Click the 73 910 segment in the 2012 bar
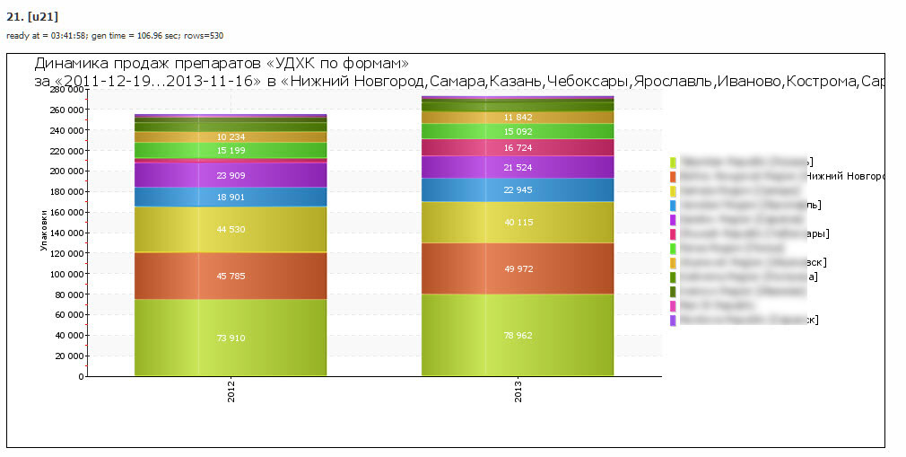point(231,338)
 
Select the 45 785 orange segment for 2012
point(231,276)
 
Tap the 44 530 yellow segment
point(231,229)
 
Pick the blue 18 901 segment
point(231,198)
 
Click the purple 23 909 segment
point(231,175)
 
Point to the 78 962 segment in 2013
point(518,335)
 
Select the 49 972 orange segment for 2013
point(518,268)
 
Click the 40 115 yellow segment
point(518,223)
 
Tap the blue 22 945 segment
point(518,189)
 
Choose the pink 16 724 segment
point(518,147)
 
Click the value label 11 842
point(518,117)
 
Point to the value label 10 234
point(231,136)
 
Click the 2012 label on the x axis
point(231,391)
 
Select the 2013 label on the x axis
point(518,391)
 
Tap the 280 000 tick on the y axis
point(66,90)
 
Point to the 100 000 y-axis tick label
point(66,274)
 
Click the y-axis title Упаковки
point(43,232)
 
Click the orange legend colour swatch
point(673,177)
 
